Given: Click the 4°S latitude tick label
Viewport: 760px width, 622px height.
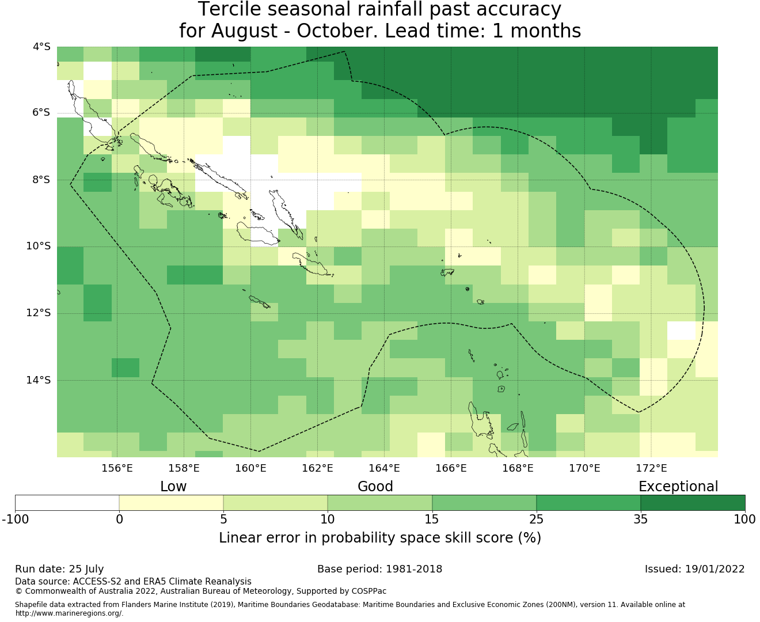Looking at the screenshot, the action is click(x=41, y=47).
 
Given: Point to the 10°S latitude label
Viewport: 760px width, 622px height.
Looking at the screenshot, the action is click(x=38, y=246).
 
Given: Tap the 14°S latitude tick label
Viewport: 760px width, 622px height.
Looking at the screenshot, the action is click(x=38, y=380).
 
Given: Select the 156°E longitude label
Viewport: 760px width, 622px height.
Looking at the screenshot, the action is click(x=117, y=468).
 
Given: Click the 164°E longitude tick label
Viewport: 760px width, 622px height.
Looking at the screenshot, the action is click(x=384, y=468).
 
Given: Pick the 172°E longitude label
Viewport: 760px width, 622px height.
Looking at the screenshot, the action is click(x=651, y=468).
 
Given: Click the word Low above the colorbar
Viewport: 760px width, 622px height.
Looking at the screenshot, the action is click(x=173, y=487).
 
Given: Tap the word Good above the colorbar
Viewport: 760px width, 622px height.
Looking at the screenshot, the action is click(x=375, y=487).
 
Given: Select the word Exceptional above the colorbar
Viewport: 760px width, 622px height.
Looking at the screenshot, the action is click(x=678, y=487).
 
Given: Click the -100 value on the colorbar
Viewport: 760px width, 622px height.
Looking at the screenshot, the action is click(x=15, y=519).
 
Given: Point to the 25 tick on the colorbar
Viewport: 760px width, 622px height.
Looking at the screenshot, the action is click(x=536, y=519).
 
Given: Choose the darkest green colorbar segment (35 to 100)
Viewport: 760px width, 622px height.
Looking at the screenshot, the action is click(x=693, y=503).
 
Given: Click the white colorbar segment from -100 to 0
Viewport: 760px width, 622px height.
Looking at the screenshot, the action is click(x=67, y=503).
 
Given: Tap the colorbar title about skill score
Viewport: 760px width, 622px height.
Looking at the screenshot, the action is click(x=380, y=538).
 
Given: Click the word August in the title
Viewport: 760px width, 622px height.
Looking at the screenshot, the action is click(x=244, y=31).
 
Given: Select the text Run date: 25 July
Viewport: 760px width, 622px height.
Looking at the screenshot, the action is click(x=59, y=570).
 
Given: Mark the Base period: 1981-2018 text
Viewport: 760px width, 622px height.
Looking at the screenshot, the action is click(x=379, y=570).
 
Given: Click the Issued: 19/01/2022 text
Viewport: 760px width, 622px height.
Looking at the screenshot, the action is click(x=694, y=570).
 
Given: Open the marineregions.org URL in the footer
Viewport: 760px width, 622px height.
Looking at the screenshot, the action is click(x=69, y=613).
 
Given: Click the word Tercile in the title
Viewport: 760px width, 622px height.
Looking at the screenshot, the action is click(x=229, y=9).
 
